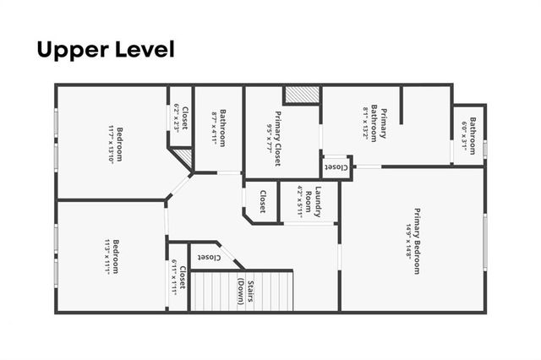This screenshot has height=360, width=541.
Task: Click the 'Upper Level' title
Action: click(x=106, y=50)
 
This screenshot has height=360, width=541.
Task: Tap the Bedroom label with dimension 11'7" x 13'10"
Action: click(x=119, y=145)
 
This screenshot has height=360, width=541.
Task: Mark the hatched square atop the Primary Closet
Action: click(x=300, y=95)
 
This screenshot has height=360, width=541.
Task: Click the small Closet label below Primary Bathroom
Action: click(x=336, y=167)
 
